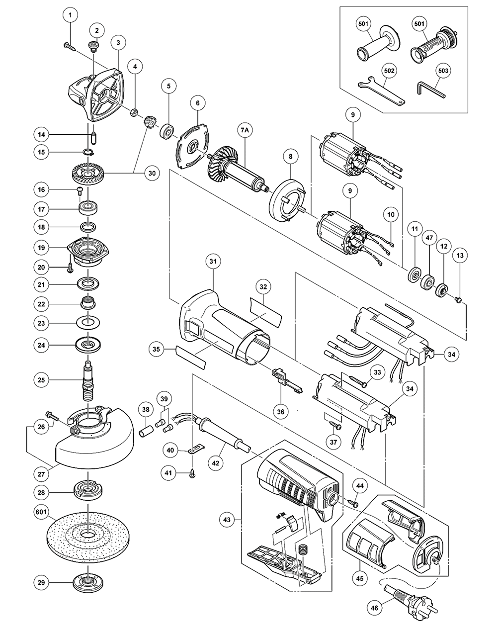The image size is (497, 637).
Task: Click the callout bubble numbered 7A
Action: coord(245,130)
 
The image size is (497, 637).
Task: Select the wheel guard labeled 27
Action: coord(94,438)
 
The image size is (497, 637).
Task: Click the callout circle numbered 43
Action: coord(228,520)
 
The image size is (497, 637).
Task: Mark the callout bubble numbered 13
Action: coord(460,256)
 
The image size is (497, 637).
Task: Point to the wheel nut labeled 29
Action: coord(87,582)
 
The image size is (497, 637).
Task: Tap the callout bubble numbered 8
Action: coord(290,157)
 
